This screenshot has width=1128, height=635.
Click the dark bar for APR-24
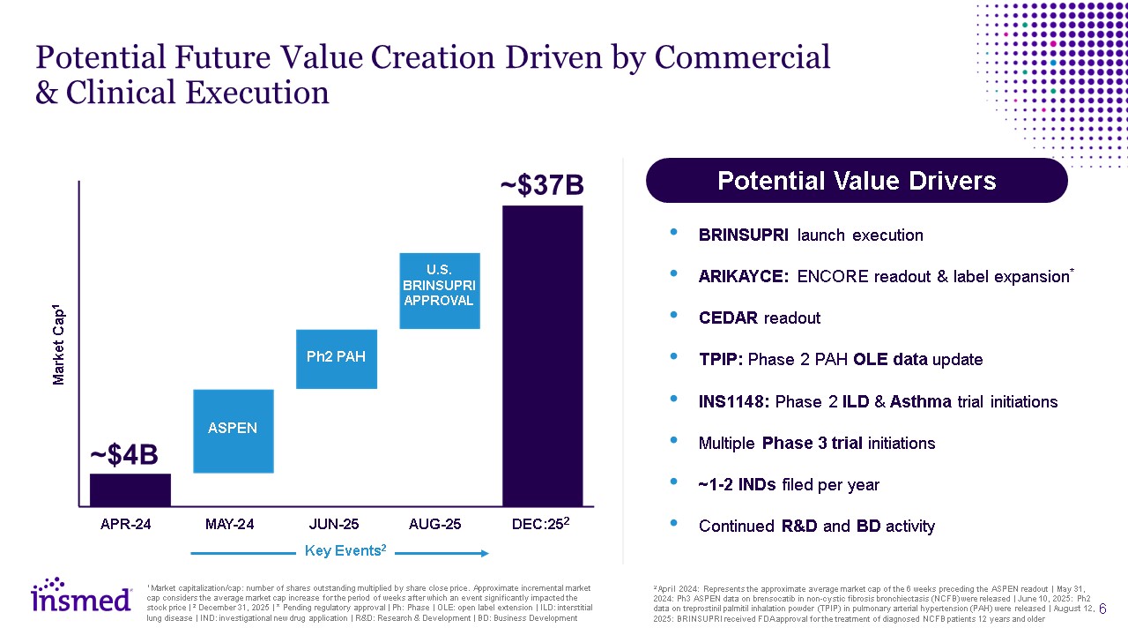click(x=130, y=489)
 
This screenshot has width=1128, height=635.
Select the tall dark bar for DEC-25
click(x=542, y=355)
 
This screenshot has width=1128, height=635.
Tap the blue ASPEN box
click(x=233, y=430)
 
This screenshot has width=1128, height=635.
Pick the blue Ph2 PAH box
click(x=336, y=358)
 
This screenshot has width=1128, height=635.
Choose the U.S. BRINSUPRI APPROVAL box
click(x=439, y=291)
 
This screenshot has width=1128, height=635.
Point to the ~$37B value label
click(x=542, y=186)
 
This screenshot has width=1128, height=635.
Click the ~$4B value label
click(x=124, y=455)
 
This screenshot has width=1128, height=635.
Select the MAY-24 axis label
click(x=229, y=525)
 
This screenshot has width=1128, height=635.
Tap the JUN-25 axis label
click(x=333, y=525)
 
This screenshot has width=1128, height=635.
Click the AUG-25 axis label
click(x=435, y=525)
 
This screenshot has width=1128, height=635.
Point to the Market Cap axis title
click(x=59, y=344)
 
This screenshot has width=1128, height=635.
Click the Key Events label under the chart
click(x=345, y=551)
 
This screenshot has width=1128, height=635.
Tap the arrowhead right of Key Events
click(x=484, y=553)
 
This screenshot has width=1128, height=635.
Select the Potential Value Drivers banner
click(x=857, y=182)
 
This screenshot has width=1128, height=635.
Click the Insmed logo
click(x=82, y=597)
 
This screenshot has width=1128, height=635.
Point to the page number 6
click(x=1102, y=609)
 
